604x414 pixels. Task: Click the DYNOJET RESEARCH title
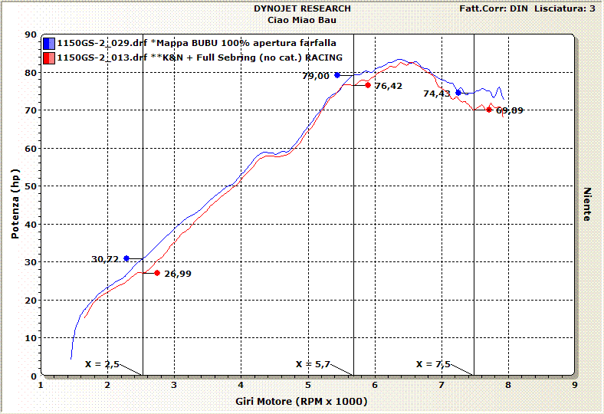(302, 8)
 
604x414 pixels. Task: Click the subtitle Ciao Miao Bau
(302, 19)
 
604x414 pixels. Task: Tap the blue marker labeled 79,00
(337, 75)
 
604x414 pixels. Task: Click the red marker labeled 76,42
(368, 85)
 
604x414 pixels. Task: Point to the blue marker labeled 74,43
(458, 93)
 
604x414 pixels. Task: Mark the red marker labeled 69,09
(489, 110)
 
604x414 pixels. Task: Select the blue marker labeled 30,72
(126, 258)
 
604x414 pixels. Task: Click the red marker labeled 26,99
(157, 273)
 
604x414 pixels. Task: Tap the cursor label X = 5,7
(312, 363)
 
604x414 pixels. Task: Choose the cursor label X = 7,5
(433, 363)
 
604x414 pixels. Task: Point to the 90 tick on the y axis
(31, 34)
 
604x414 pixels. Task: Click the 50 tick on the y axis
(31, 186)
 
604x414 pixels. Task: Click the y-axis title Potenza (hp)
(15, 205)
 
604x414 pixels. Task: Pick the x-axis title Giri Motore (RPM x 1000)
(301, 401)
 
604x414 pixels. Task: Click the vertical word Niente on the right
(587, 204)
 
